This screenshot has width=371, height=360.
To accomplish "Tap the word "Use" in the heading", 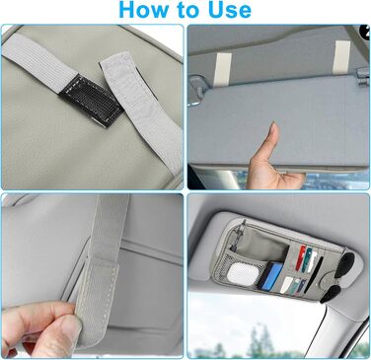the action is [229, 9].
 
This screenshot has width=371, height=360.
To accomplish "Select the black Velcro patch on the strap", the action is [92, 100].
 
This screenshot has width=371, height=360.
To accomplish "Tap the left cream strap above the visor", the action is [223, 71].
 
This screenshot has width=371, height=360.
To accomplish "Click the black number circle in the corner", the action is [366, 32].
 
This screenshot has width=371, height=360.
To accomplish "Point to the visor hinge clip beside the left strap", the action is [198, 86].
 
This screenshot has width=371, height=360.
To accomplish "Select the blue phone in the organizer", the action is [268, 275].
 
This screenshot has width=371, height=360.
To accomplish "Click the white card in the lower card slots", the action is [286, 285].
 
